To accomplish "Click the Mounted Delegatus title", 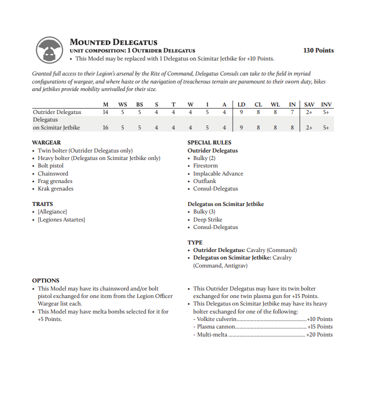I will click(x=113, y=42).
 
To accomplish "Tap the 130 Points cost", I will click(x=319, y=50).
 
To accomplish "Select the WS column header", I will click(x=122, y=104).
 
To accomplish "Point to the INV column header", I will click(x=326, y=104).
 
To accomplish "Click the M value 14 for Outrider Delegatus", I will click(x=105, y=112).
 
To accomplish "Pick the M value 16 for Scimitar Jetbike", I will click(x=105, y=127).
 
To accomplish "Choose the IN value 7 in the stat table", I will click(x=292, y=112).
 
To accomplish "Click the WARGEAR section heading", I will click(x=46, y=142).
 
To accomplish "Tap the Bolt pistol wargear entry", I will click(x=50, y=166).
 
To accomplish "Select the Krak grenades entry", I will click(x=55, y=189).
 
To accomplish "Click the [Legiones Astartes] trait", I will click(x=61, y=219).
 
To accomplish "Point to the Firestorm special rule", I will click(x=206, y=166).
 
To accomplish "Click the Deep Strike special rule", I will click(x=208, y=219).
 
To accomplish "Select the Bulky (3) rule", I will click(x=204, y=212).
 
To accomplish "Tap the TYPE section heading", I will click(x=195, y=242).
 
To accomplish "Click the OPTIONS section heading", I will click(x=45, y=280).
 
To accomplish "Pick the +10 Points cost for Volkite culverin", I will click(x=320, y=319).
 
